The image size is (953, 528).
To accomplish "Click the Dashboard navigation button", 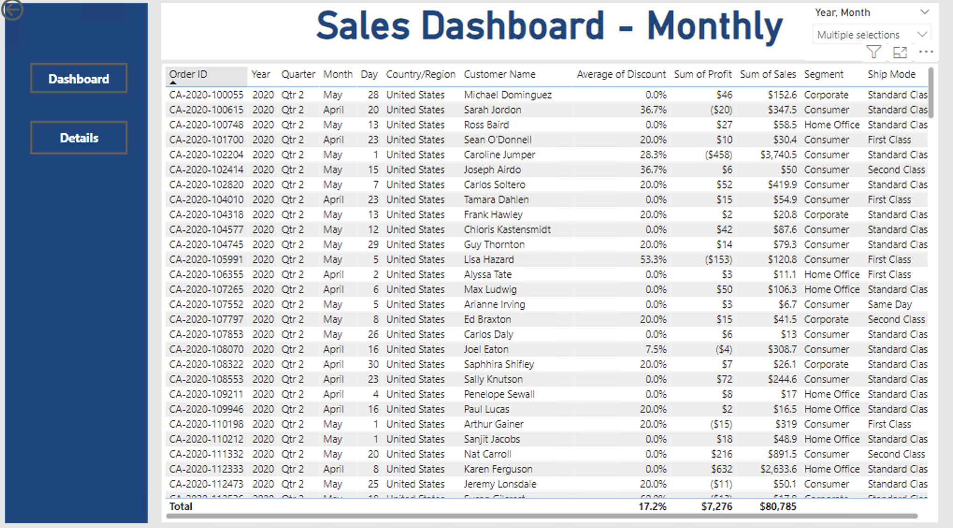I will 79,78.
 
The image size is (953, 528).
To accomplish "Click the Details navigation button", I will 79,138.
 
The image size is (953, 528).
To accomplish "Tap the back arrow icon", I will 12,10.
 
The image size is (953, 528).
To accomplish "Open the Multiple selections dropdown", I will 871,35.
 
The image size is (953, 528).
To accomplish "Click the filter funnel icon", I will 873,51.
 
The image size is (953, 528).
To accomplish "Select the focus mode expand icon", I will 900,52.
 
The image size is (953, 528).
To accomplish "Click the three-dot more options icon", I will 925,52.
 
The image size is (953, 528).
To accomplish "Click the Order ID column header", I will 188,74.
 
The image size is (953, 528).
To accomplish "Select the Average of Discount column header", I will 621,74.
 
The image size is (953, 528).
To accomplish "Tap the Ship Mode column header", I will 891,74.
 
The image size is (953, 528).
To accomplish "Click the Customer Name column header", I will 499,74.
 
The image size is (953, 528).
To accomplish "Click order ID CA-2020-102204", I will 206,154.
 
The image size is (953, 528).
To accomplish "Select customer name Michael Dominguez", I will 507,95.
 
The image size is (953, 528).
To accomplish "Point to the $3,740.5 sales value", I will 778,154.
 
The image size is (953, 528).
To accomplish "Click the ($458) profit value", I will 718,154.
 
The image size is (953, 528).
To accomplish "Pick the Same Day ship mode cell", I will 889,304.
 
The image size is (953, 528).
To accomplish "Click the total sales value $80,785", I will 778,506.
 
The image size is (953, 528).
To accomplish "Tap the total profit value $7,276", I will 716,506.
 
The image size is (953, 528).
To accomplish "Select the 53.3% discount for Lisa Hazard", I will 653,259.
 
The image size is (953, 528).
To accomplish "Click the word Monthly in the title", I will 714,26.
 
